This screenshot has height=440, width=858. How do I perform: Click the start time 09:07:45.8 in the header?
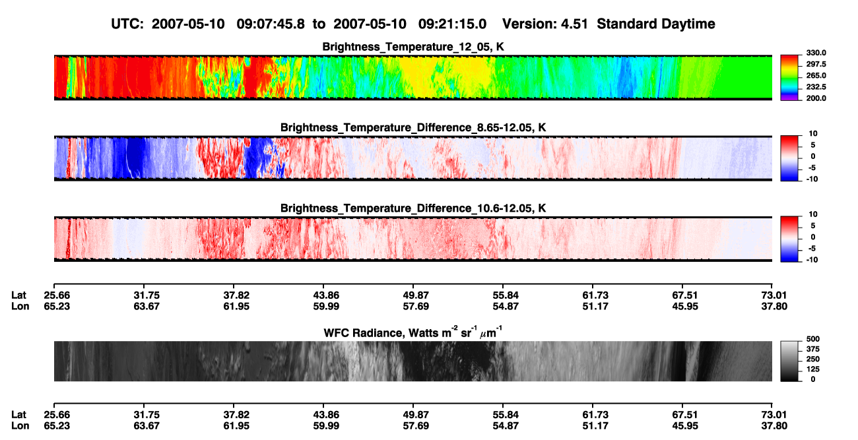[x=271, y=24]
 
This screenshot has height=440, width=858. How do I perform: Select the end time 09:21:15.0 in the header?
[x=452, y=24]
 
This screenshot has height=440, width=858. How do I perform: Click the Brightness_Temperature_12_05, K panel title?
[x=413, y=47]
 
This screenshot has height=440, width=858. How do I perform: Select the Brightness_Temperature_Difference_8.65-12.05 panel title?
[x=413, y=127]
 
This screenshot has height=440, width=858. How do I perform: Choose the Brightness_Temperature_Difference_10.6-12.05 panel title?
[x=413, y=208]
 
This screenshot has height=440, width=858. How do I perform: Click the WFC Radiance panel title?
[x=413, y=332]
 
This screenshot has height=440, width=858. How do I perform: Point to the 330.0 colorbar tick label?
[x=816, y=53]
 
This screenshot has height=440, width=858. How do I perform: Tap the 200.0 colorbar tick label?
[x=816, y=98]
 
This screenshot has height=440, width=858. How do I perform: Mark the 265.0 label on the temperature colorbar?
[x=816, y=75]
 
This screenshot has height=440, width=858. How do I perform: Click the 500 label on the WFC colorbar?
[x=813, y=339]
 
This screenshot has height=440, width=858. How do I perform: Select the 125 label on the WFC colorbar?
[x=813, y=369]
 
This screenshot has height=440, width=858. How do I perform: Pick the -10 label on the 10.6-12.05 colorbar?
[x=812, y=260]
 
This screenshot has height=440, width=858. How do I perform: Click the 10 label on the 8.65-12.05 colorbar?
[x=813, y=134]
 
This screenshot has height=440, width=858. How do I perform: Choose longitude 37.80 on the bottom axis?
[x=774, y=426]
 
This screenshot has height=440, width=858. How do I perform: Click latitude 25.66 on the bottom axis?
[x=57, y=415]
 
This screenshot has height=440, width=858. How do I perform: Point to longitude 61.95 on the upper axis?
[x=236, y=306]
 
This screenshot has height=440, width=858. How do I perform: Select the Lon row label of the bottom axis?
[x=20, y=426]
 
